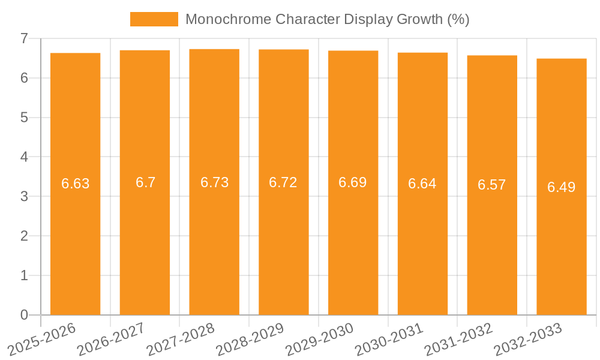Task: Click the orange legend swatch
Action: tap(154, 19)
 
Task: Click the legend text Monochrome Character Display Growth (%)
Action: tap(327, 19)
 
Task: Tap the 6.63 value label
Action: tap(76, 184)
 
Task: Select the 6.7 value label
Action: tap(145, 182)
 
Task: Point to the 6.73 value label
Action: tap(214, 182)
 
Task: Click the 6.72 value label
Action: tap(283, 182)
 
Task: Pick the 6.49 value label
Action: tap(561, 187)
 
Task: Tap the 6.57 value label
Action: tap(492, 185)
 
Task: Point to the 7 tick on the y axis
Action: tap(25, 38)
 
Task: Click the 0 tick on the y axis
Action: tap(25, 315)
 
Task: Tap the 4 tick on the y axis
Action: tap(25, 157)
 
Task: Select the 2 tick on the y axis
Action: tap(25, 236)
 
